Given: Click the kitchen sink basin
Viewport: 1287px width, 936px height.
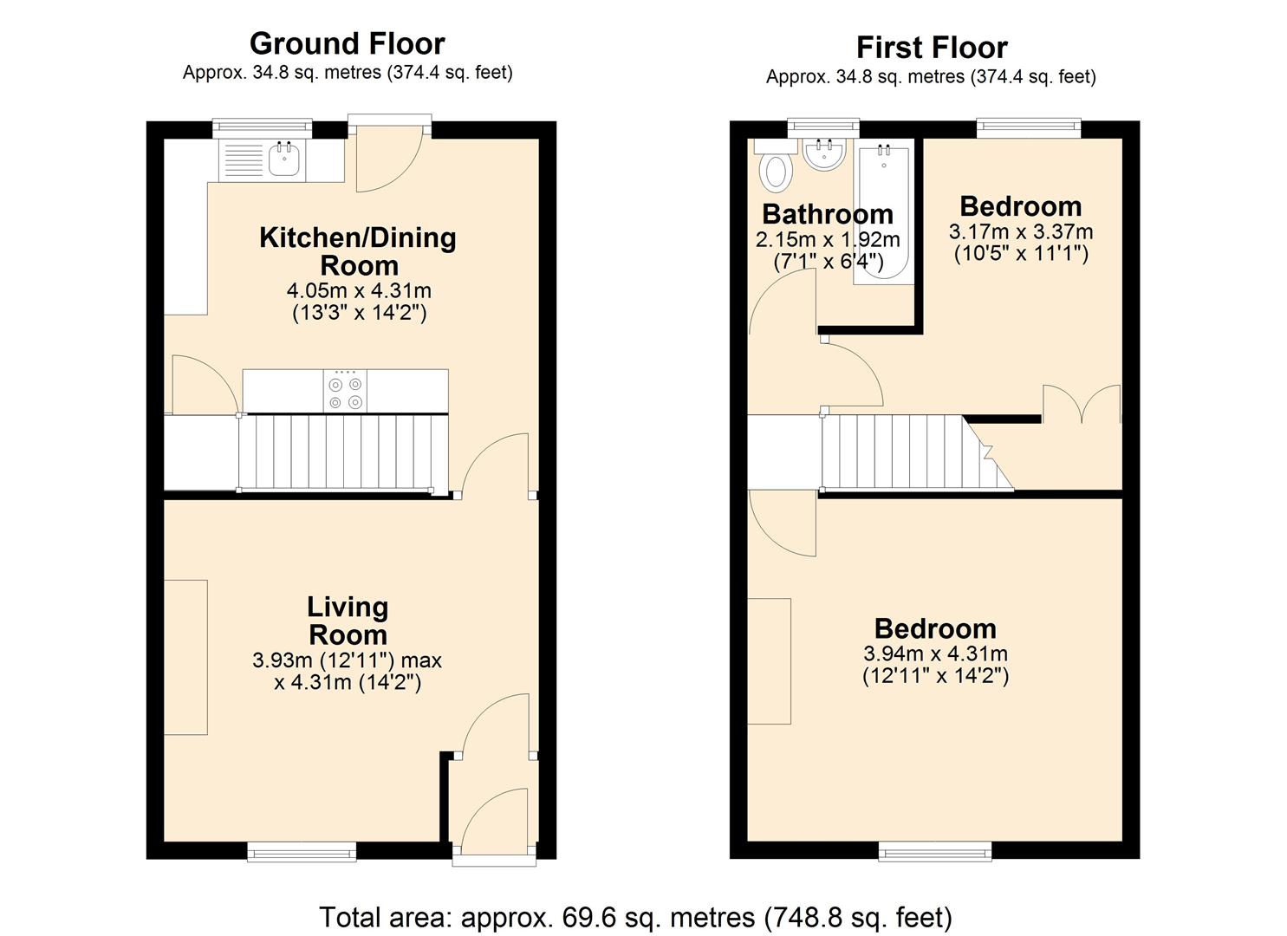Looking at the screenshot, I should coord(284,159).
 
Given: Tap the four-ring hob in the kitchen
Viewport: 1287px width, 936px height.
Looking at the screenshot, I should coord(345,392).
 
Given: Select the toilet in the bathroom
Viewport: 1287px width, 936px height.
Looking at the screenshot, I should coord(776,171).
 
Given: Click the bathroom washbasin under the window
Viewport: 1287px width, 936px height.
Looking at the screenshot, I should coord(824,154).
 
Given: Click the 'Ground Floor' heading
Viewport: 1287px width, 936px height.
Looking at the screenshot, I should coord(347,43).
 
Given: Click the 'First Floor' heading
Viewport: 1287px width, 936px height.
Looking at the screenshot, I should coord(932,47).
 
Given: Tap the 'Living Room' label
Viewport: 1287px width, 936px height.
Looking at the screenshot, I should coord(348,621).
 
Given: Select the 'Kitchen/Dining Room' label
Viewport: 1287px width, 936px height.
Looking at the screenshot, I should coord(358,251).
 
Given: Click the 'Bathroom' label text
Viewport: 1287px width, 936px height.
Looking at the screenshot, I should coord(828,213).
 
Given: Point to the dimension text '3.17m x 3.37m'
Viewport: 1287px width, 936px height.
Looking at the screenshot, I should coord(1021,232).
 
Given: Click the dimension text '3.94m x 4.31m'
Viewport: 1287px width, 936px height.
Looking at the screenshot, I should coord(935,653).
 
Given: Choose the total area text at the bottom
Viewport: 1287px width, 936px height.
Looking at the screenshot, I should coord(636,917).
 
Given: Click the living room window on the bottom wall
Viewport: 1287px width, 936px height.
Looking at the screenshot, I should coord(302,851).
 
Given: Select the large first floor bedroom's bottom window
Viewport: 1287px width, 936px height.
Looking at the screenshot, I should coord(935,852).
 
